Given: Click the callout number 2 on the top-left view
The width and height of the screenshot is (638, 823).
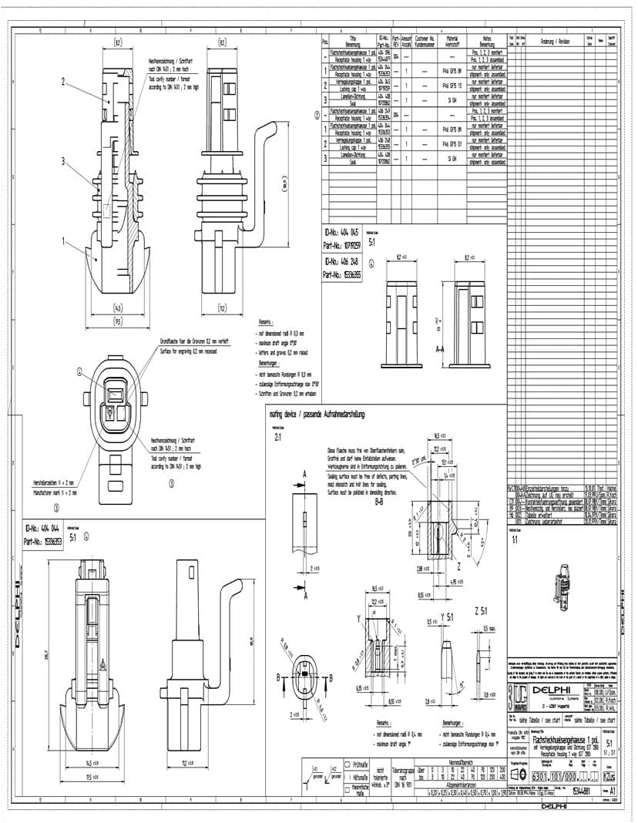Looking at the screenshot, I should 63,80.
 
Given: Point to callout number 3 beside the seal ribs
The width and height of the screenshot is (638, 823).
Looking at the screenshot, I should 63,160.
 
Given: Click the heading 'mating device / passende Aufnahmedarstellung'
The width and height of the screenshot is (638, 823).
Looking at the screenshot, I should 311,414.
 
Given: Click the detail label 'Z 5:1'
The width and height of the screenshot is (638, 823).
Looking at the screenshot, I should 482,611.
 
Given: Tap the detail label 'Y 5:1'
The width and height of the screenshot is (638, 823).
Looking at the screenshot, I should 448,616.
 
